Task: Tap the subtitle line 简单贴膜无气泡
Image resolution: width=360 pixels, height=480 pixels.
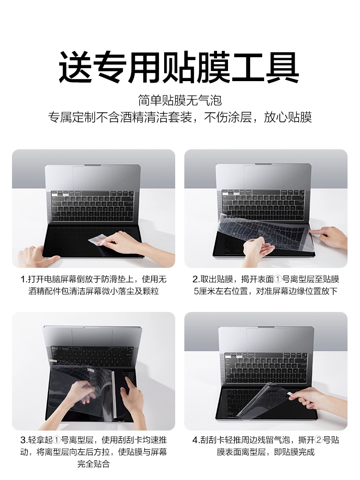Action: click(x=180, y=100)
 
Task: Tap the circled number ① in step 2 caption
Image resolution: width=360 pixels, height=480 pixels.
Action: click(x=277, y=279)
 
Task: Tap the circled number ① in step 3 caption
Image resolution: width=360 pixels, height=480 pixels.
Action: click(x=57, y=440)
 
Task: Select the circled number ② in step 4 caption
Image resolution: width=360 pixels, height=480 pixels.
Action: click(x=319, y=440)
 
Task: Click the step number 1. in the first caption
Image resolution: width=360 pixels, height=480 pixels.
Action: click(x=24, y=279)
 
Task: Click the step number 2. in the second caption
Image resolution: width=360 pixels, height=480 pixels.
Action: click(x=196, y=279)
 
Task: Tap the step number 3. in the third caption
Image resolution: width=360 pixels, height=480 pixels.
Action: click(x=24, y=440)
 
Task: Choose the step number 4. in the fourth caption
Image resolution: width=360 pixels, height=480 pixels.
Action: click(x=196, y=440)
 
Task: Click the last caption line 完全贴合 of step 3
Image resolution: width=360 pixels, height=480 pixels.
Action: click(x=94, y=464)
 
